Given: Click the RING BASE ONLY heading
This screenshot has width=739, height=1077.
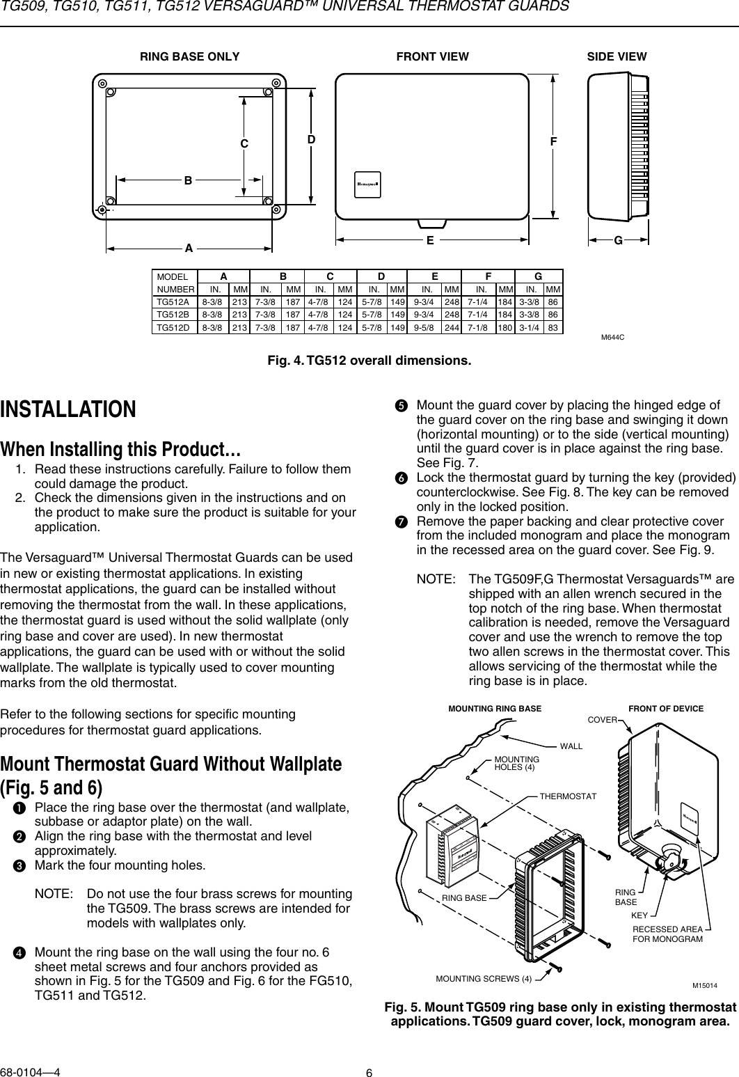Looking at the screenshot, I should (190, 56).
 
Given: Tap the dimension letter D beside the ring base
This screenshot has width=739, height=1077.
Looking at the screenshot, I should (312, 139).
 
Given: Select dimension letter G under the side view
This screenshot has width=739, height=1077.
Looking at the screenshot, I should (618, 239).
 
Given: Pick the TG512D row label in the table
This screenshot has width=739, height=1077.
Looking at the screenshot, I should (173, 327).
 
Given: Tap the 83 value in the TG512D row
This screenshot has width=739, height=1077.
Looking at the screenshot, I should (553, 327).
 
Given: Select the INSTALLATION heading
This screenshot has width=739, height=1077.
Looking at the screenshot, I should (68, 409).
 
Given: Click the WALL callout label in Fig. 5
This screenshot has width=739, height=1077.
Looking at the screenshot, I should (571, 746).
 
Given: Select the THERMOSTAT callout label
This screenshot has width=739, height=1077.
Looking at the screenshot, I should (568, 795).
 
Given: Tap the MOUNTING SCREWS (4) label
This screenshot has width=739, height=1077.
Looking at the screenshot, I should (484, 979).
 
